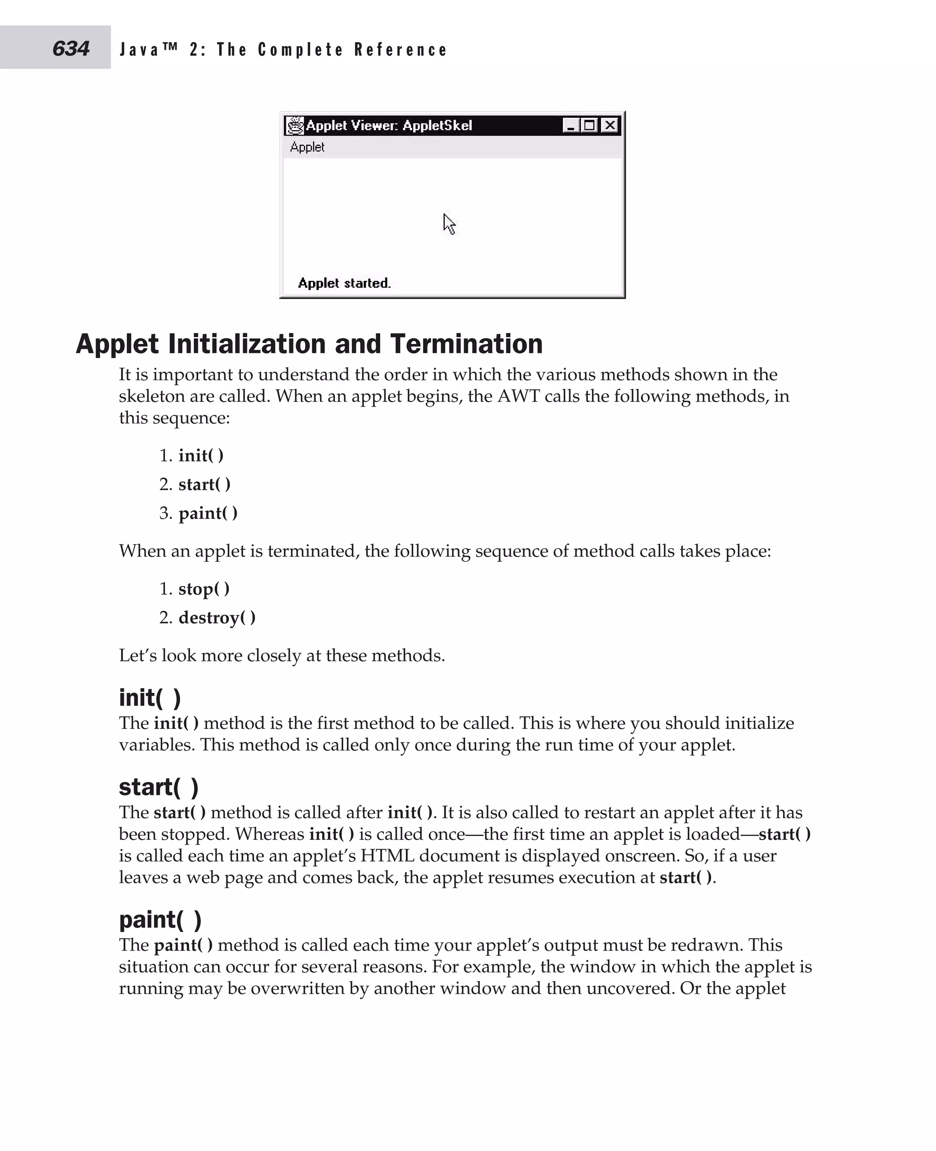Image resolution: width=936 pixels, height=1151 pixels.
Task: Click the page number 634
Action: click(71, 48)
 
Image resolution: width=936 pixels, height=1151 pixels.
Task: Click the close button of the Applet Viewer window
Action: click(610, 126)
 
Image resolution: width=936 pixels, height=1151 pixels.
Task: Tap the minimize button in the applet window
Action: click(570, 126)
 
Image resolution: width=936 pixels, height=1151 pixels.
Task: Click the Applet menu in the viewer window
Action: click(307, 147)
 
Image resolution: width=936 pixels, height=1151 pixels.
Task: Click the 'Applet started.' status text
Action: click(344, 284)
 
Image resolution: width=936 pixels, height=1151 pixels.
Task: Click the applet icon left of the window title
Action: click(295, 126)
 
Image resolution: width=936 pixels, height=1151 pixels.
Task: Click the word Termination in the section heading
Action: click(466, 344)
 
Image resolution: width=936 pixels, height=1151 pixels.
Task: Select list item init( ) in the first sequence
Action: click(201, 456)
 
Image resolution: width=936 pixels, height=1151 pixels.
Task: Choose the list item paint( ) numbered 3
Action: click(207, 513)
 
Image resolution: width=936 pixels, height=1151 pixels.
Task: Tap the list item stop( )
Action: click(204, 589)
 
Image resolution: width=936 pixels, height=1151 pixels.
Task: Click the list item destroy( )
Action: click(217, 618)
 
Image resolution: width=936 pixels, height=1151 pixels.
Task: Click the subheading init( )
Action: click(149, 698)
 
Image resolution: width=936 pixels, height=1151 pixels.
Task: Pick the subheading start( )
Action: click(159, 787)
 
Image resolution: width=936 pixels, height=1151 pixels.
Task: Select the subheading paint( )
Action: click(160, 920)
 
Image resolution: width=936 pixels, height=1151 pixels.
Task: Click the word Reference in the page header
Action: click(401, 50)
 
